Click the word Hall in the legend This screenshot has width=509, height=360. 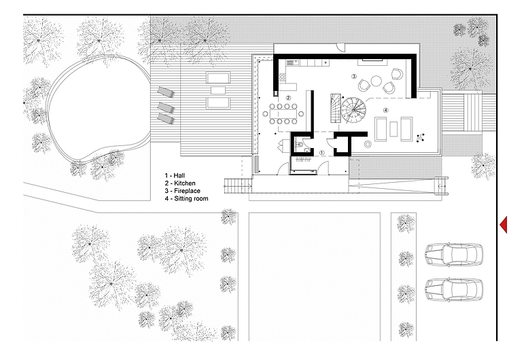click(179, 175)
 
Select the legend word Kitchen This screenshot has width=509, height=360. click(185, 183)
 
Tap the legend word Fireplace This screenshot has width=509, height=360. click(187, 191)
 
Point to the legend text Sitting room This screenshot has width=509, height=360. click(191, 198)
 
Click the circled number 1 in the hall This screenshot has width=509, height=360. click(321, 152)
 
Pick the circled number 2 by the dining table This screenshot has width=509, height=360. click(288, 98)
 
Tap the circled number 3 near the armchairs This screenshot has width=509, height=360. click(354, 77)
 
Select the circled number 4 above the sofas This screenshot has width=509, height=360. click(385, 110)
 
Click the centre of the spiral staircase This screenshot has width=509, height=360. click(353, 110)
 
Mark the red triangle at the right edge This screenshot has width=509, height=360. click(504, 224)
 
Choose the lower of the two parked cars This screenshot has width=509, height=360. click(454, 289)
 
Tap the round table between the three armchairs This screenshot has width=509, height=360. click(376, 81)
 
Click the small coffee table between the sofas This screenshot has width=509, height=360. click(393, 129)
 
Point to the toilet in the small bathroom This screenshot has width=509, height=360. click(300, 144)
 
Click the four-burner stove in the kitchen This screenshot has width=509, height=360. click(282, 77)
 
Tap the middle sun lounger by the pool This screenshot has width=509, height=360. click(166, 107)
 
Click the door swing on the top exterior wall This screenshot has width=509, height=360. click(341, 48)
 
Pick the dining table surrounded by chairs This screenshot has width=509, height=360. click(283, 114)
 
